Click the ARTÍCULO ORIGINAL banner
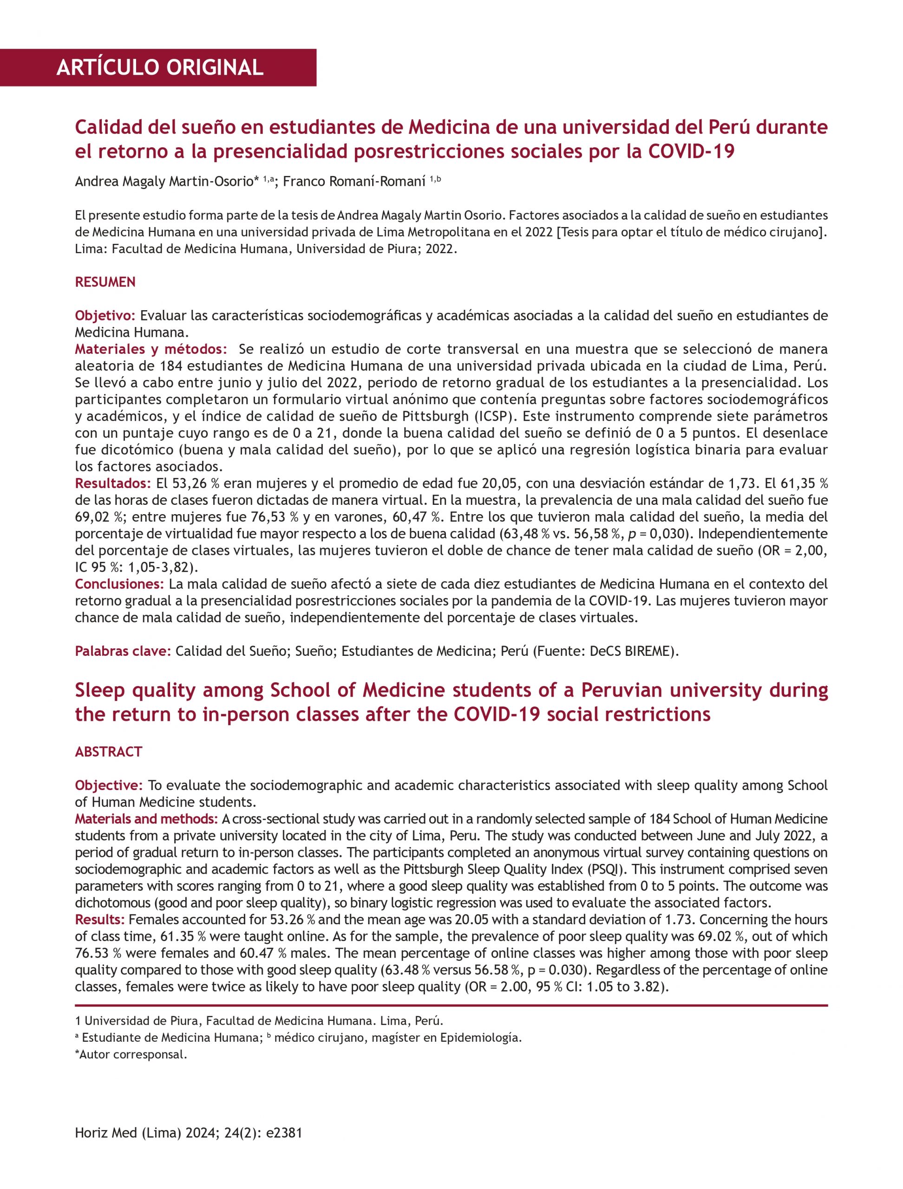pyautogui.click(x=160, y=68)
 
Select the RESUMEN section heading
pyautogui.click(x=105, y=282)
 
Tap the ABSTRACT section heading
pyautogui.click(x=109, y=751)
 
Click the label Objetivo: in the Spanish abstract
pyautogui.click(x=105, y=315)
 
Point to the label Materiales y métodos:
pyautogui.click(x=151, y=349)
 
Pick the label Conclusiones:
pyautogui.click(x=119, y=584)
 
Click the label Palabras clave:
pyautogui.click(x=123, y=651)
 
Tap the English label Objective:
pyautogui.click(x=109, y=785)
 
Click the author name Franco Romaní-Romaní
pyautogui.click(x=354, y=182)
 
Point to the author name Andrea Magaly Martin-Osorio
pyautogui.click(x=167, y=182)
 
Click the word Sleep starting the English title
pyautogui.click(x=100, y=690)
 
